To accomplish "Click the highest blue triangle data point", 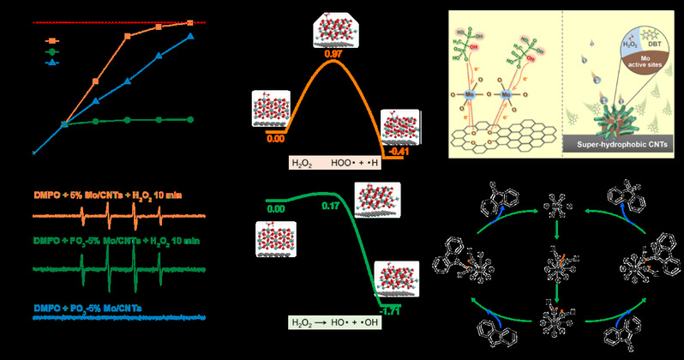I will click(x=190, y=37).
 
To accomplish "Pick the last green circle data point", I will click(x=190, y=119).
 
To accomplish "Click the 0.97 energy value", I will click(x=335, y=55).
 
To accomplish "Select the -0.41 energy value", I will click(x=399, y=152).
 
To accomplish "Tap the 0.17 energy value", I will click(x=327, y=206).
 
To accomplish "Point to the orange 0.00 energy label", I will click(x=276, y=136).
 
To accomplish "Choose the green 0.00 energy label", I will click(x=276, y=208).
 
